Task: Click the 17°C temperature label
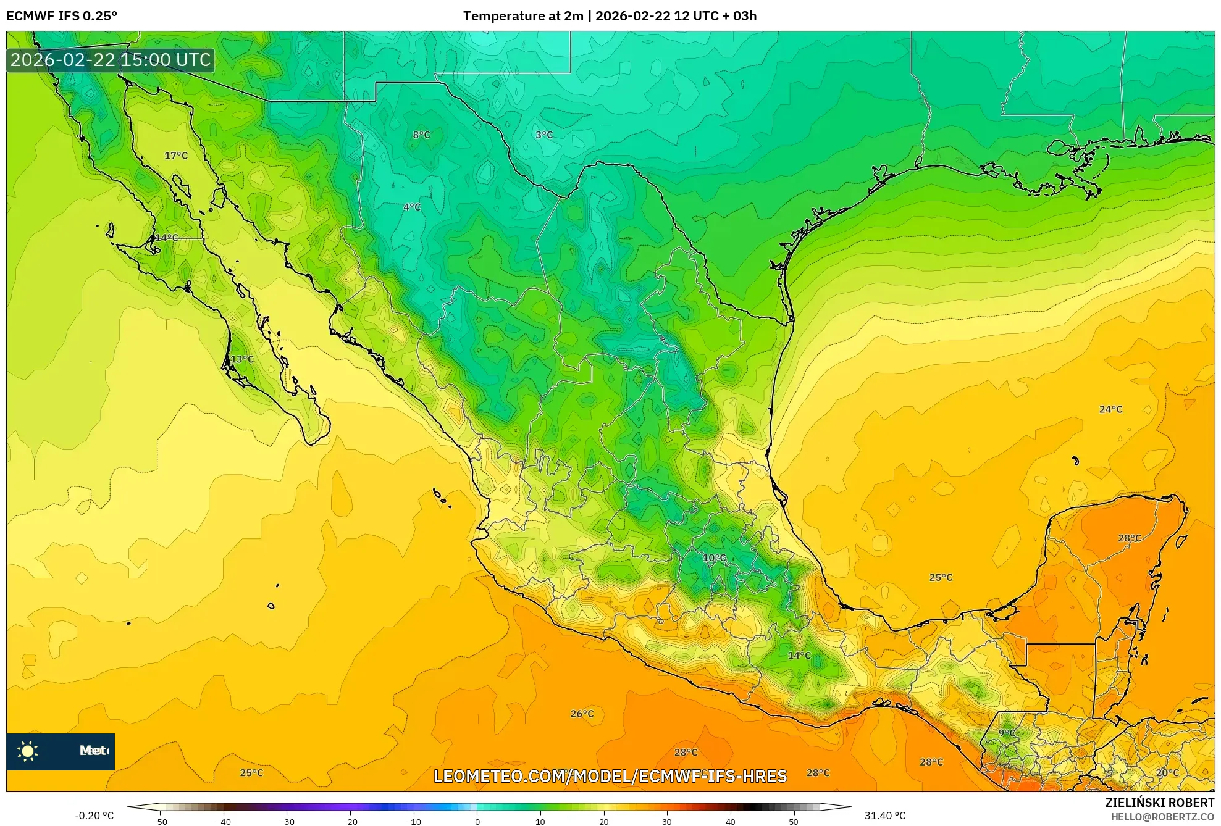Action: [176, 156]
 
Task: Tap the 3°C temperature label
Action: [544, 135]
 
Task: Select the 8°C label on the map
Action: [421, 135]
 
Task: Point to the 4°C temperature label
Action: [412, 207]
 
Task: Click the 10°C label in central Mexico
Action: [714, 558]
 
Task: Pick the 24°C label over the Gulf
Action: [1110, 409]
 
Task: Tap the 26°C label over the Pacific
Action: [581, 714]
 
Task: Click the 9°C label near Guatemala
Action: [1007, 733]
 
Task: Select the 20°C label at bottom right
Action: [1167, 772]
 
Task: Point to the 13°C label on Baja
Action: [241, 359]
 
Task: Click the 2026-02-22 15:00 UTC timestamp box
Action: [111, 60]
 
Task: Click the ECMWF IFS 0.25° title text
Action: [62, 16]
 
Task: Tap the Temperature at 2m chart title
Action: [610, 16]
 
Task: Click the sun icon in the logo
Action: [28, 751]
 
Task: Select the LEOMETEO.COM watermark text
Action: [610, 776]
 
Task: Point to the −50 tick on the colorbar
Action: [160, 821]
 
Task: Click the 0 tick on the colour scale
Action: [477, 821]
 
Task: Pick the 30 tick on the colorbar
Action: [666, 821]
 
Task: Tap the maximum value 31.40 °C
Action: [884, 816]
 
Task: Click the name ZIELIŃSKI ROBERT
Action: [1159, 803]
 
